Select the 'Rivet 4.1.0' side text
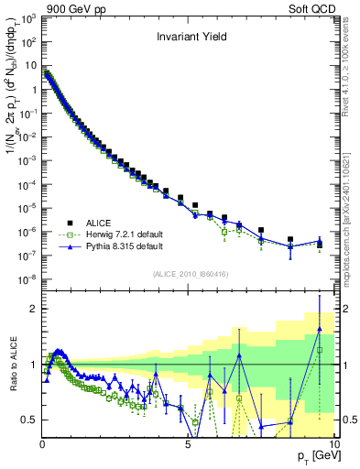pos(350,55)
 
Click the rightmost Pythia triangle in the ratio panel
pos(320,328)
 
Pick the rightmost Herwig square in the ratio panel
pos(320,350)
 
